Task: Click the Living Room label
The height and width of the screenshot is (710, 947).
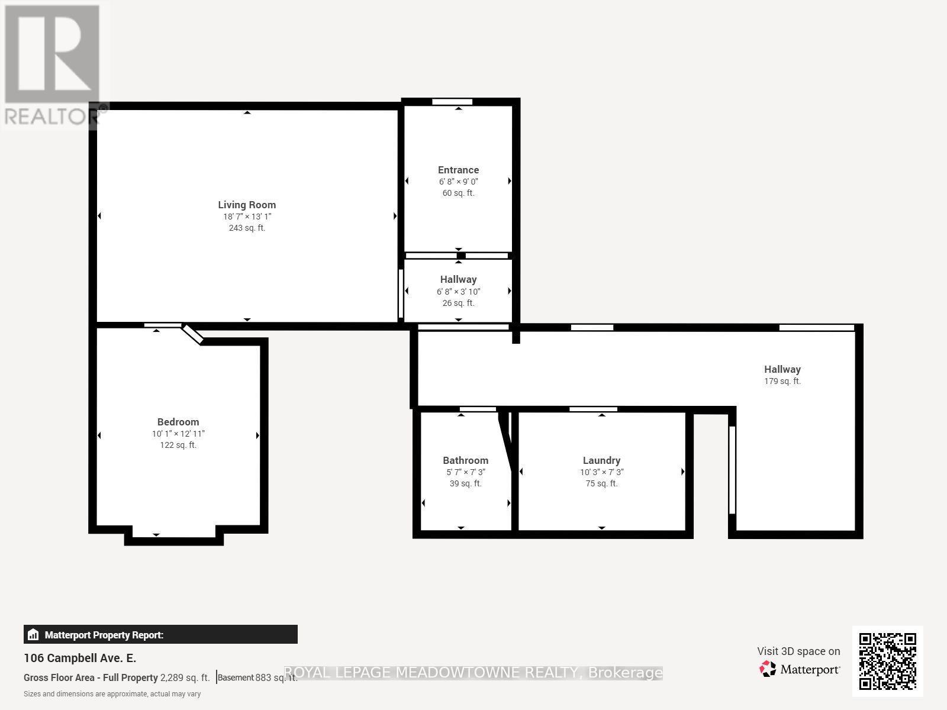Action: point(247,205)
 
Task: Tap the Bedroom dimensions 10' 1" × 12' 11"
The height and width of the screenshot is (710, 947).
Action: point(178,434)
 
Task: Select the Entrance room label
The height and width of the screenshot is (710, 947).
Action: point(458,170)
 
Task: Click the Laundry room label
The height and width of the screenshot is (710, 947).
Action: point(601,460)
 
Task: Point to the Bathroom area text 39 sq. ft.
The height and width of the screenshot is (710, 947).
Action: point(465,483)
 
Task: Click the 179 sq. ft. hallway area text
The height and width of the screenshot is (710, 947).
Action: point(782,381)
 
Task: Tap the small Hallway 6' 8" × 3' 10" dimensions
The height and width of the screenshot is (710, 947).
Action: point(458,291)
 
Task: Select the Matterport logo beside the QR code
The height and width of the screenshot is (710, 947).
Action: point(800,669)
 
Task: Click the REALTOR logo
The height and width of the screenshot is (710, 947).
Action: point(51,65)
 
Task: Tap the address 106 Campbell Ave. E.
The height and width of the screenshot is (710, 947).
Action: point(80,658)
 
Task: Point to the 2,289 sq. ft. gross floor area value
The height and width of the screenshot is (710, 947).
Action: point(185,678)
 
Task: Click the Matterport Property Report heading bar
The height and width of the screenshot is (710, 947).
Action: point(160,635)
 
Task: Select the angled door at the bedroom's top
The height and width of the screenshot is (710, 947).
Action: point(192,334)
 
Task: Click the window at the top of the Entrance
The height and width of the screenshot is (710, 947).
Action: point(452,102)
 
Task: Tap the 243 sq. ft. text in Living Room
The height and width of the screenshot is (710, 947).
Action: point(247,228)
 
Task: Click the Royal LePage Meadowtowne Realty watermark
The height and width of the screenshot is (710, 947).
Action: point(474,673)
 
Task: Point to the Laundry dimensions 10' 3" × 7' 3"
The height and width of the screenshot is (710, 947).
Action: point(601,472)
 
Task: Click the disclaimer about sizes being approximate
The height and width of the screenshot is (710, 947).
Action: point(112,694)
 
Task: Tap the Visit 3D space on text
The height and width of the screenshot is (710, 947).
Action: point(798,651)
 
